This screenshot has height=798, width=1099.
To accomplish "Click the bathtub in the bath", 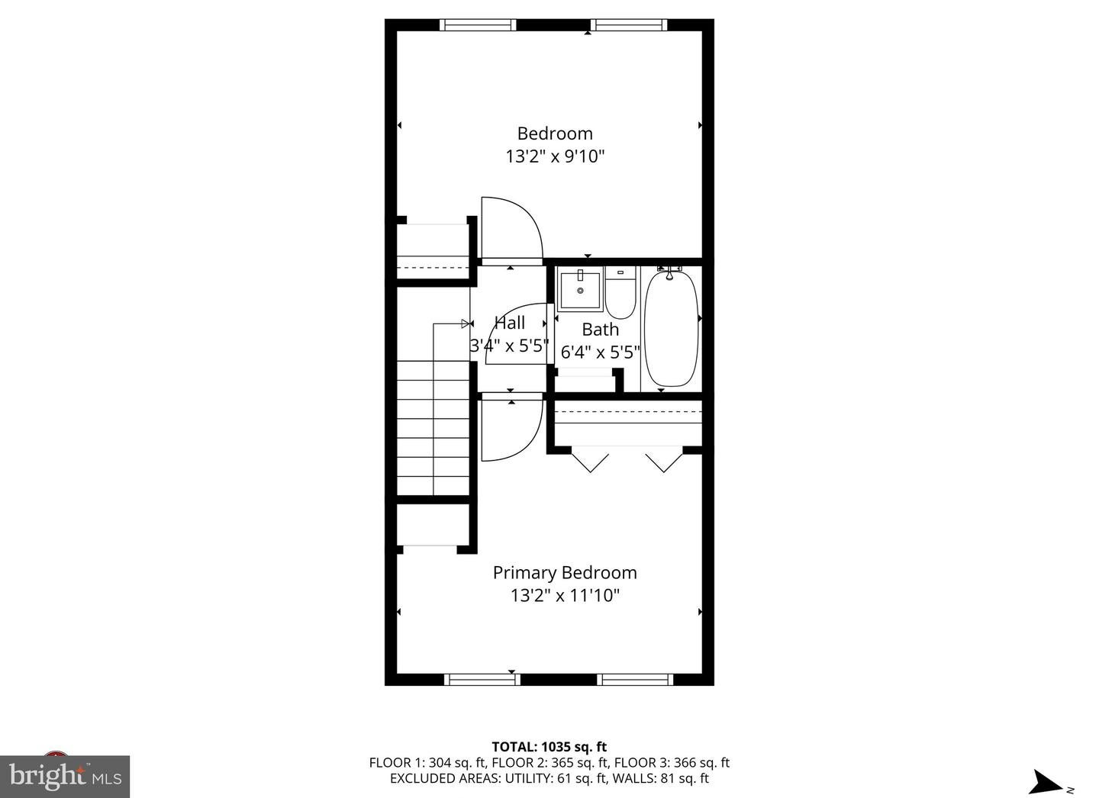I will click(x=672, y=328).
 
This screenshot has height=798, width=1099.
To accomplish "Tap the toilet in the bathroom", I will click(x=620, y=294).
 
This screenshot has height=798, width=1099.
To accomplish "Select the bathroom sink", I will click(x=580, y=289).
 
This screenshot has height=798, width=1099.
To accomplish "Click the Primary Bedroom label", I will click(x=564, y=572).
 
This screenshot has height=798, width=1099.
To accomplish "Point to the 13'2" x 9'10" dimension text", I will click(x=555, y=156).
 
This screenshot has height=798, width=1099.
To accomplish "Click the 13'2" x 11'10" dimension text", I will click(x=565, y=595).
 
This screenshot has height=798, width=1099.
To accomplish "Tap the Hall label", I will click(x=510, y=323).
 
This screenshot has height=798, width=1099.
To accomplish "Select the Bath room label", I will click(x=601, y=330).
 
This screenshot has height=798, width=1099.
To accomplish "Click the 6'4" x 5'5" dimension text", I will click(x=601, y=352).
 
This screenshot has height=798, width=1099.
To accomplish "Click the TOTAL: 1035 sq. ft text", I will click(x=549, y=747).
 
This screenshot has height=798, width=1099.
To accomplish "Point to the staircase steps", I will click(x=433, y=427).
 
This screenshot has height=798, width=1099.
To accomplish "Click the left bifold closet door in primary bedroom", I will click(x=590, y=461).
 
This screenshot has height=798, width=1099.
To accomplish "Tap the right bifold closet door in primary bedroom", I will click(x=663, y=461).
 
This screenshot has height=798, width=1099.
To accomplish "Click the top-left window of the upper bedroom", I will click(x=478, y=25).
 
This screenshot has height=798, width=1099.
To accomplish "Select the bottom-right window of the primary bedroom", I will click(x=634, y=679).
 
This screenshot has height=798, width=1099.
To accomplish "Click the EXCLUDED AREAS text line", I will click(x=549, y=778).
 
